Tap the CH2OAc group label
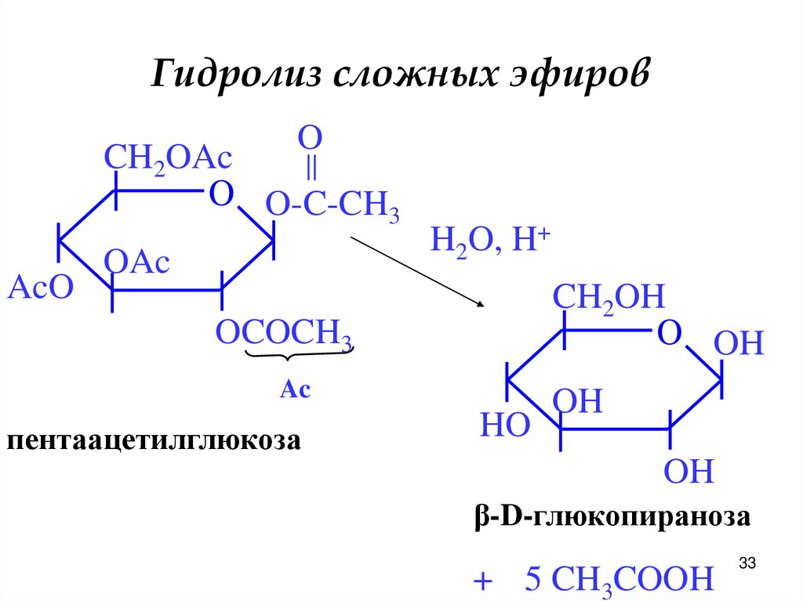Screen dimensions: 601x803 pos(169,159)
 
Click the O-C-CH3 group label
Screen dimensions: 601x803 pos(333,208)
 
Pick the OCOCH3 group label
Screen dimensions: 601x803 pos(283,334)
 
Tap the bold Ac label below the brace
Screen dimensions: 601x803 pos(296,389)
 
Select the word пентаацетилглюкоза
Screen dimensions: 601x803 pos(154,440)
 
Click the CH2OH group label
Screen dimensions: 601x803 pos(609,299)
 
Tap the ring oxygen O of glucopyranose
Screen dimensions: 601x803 pos(668,333)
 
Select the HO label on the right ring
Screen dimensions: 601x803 pos(504,426)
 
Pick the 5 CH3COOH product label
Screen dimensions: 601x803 pos(620,580)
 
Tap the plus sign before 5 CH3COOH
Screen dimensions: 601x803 pos(482,581)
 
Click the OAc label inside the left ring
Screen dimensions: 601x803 pos(136,263)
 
